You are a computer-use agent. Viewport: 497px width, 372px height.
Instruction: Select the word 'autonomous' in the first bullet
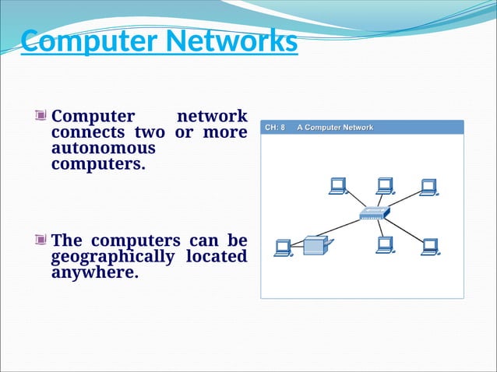(x=104, y=149)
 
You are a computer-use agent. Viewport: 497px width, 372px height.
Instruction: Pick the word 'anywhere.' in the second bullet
(x=95, y=273)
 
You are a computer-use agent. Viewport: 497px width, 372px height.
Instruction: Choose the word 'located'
(x=217, y=257)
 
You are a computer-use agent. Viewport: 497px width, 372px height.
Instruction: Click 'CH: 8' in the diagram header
(x=275, y=128)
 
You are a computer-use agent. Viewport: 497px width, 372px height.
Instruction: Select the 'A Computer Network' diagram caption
(x=335, y=128)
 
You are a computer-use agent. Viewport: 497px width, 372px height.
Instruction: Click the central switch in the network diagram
(x=373, y=212)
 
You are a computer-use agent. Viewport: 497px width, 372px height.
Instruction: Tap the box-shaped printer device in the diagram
(x=315, y=246)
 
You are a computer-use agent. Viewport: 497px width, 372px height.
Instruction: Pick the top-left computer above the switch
(x=337, y=186)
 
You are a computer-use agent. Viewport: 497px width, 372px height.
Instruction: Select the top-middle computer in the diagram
(x=384, y=186)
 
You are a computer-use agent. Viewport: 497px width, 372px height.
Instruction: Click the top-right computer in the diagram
(x=428, y=187)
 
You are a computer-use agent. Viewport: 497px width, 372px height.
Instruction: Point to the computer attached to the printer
(x=283, y=248)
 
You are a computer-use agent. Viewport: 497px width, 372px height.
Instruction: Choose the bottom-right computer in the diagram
(x=429, y=247)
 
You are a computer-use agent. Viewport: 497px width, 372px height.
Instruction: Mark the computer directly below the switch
(x=384, y=245)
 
